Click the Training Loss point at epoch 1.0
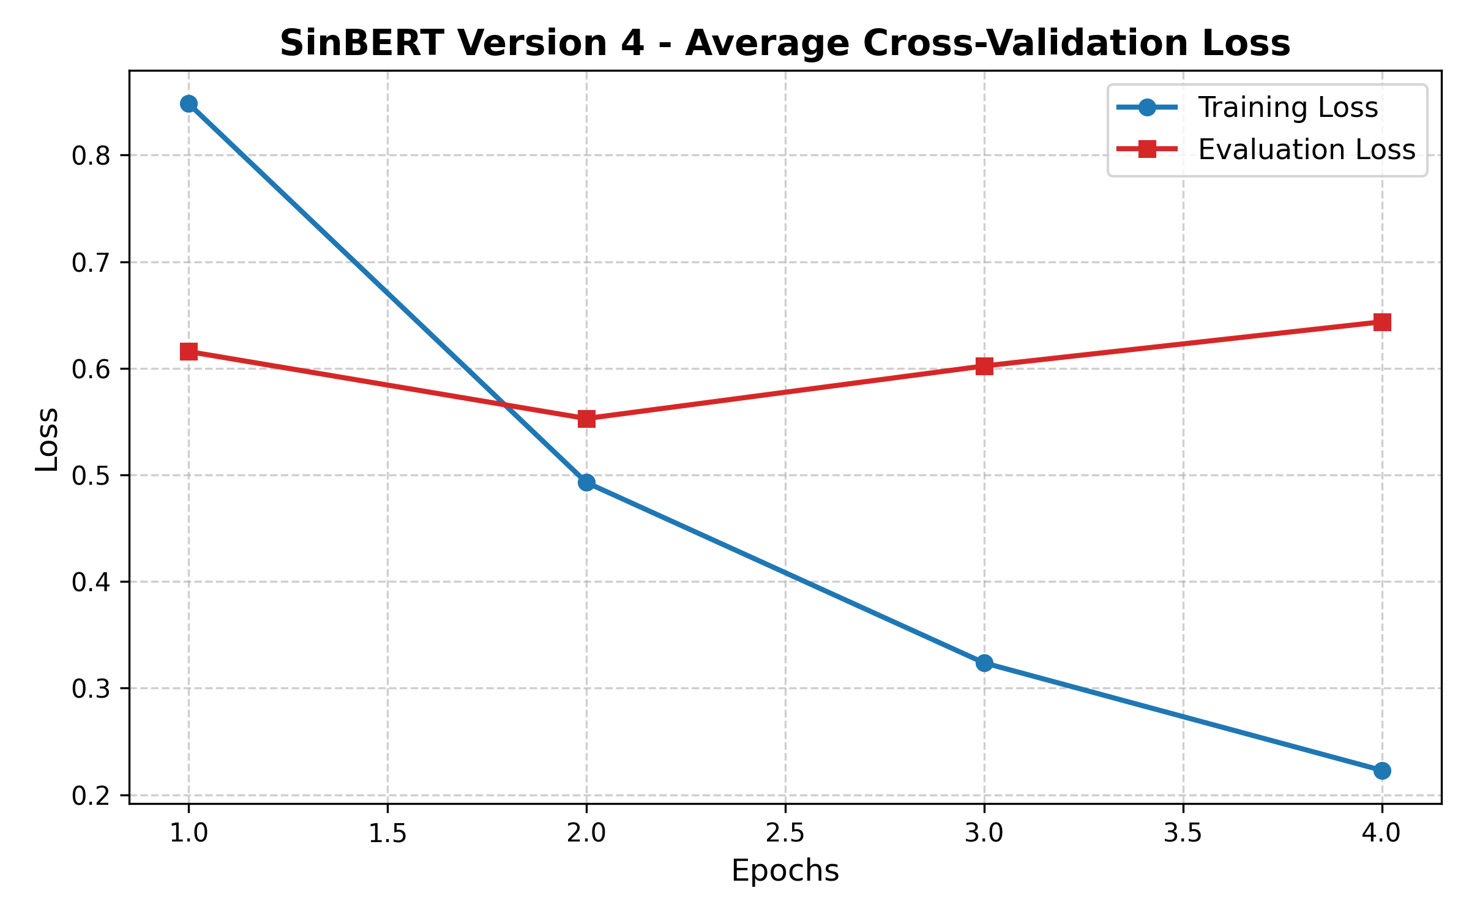tap(189, 104)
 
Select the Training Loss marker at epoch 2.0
tap(586, 483)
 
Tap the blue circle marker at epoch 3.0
tap(984, 663)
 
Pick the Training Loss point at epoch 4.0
tap(1382, 771)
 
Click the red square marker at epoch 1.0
tap(189, 352)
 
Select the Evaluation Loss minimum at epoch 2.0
tap(586, 419)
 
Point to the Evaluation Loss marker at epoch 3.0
tap(984, 366)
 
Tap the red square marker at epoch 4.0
tap(1382, 322)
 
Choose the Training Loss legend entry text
tap(1288, 108)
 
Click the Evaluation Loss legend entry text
tap(1306, 150)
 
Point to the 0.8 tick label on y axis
tap(91, 156)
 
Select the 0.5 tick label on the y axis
tap(91, 476)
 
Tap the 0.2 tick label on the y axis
tap(91, 796)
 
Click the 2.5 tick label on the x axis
tap(785, 834)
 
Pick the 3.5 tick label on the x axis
tap(1183, 834)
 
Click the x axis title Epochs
tap(785, 871)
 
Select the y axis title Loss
tap(47, 439)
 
